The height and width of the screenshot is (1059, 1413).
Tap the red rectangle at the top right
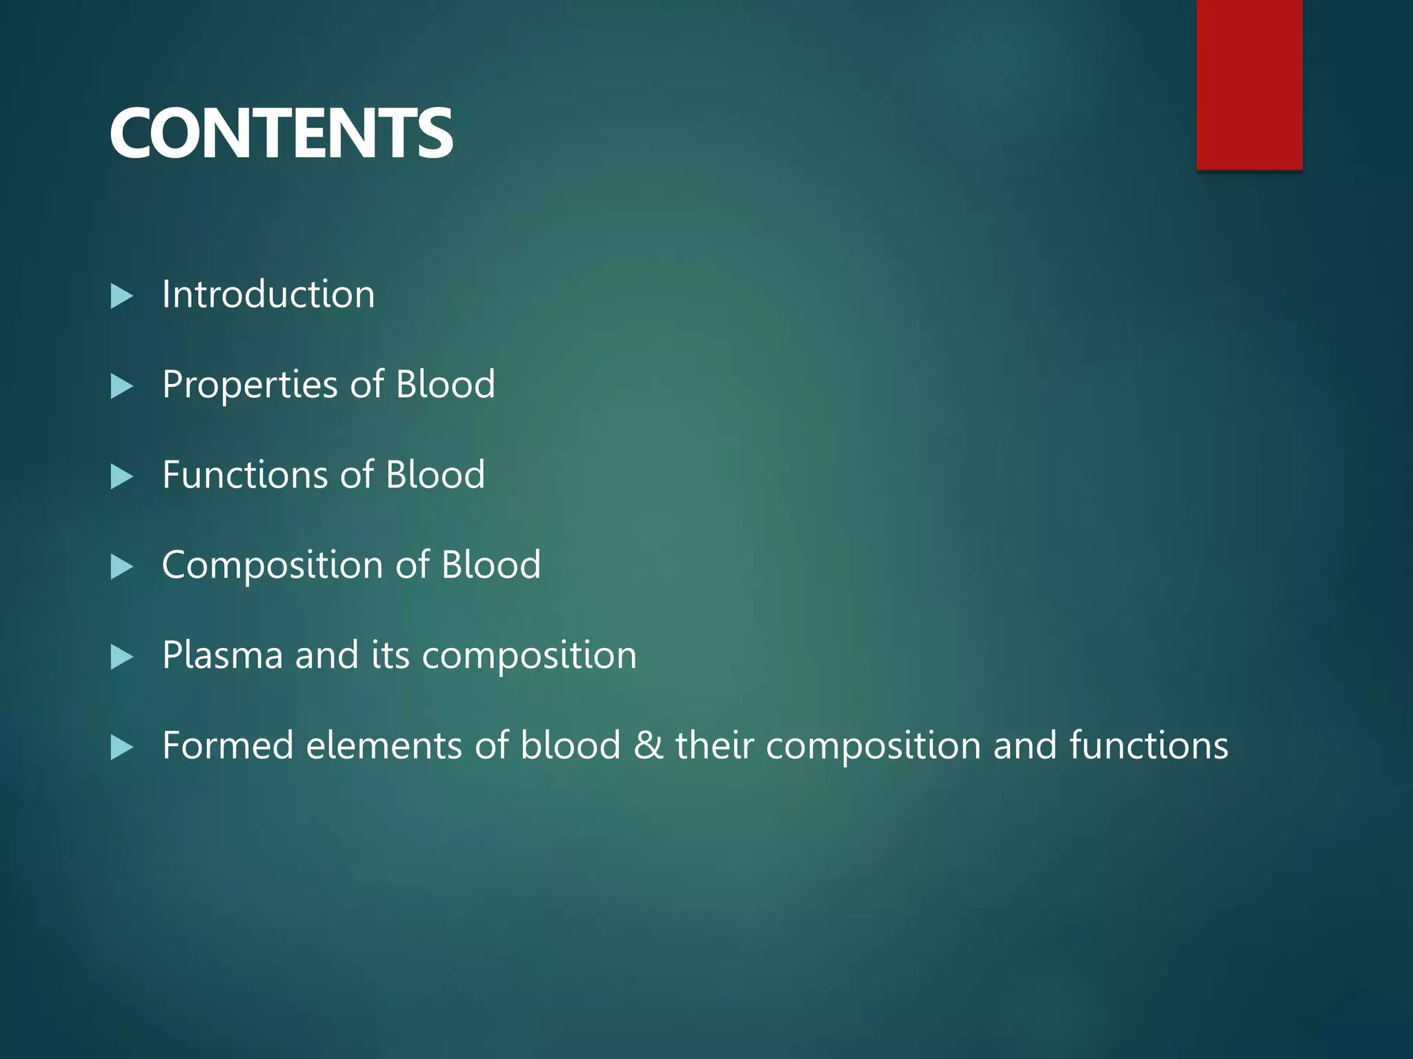(1249, 84)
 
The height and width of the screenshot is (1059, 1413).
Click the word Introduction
(268, 294)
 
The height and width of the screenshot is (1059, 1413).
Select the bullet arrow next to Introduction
(121, 296)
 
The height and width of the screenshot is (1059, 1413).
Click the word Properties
(250, 385)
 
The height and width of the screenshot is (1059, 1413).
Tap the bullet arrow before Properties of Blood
(121, 387)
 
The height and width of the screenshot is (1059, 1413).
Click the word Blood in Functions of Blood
(435, 474)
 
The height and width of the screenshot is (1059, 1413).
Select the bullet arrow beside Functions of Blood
(121, 477)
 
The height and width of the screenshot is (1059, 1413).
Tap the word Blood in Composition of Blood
(491, 565)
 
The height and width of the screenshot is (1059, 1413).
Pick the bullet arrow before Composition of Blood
(121, 567)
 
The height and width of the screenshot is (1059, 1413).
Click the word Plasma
(222, 655)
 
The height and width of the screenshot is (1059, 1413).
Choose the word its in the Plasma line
(391, 655)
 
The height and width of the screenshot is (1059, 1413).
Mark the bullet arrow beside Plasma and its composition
(121, 658)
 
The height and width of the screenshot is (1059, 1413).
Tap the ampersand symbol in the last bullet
(648, 745)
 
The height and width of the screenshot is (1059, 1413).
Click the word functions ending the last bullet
(1149, 745)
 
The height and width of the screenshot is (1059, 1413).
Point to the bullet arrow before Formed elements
(121, 747)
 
